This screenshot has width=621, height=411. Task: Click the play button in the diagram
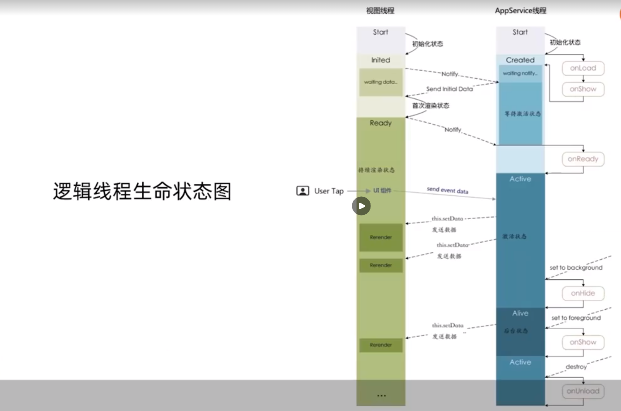click(361, 206)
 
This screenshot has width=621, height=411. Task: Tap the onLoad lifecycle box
click(583, 68)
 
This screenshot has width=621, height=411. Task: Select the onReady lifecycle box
click(583, 159)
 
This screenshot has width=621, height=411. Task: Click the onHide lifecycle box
click(583, 293)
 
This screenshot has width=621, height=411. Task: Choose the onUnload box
click(583, 391)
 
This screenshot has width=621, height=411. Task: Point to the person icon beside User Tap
click(303, 191)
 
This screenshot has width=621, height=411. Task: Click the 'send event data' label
click(447, 190)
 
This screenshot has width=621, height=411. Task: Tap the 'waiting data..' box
click(381, 82)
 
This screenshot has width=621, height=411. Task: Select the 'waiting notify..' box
click(520, 73)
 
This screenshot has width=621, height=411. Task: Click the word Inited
click(381, 60)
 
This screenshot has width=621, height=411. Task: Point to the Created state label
click(520, 60)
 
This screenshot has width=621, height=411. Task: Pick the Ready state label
click(381, 123)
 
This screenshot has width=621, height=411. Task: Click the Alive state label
click(520, 313)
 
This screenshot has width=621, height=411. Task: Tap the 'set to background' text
click(576, 268)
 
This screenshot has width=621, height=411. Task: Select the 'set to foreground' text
click(576, 318)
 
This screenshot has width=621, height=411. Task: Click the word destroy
click(576, 367)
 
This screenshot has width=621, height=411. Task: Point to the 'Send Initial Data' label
click(449, 89)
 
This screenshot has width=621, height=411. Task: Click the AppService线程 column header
click(521, 11)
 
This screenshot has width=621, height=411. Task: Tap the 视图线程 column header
click(380, 11)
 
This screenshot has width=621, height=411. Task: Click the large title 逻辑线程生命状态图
click(142, 192)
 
